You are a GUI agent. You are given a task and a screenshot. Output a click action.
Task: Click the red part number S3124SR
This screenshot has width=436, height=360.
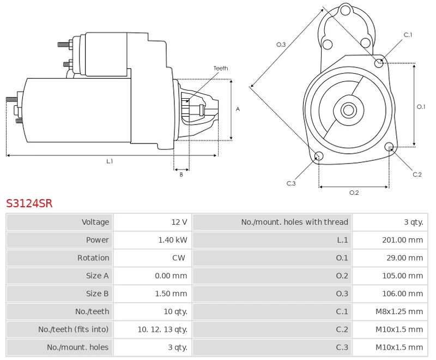click(x=29, y=203)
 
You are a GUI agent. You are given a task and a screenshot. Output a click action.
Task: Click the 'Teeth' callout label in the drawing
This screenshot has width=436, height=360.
click(x=221, y=68)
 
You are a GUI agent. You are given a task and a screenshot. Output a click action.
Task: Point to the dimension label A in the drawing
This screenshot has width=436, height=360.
click(x=238, y=109)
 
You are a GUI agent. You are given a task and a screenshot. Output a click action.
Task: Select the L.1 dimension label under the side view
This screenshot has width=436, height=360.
click(x=110, y=161)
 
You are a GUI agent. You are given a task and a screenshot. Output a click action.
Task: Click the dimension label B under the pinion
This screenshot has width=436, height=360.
click(x=181, y=175)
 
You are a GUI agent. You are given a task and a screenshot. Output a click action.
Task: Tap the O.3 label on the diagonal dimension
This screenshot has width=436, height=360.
click(x=281, y=45)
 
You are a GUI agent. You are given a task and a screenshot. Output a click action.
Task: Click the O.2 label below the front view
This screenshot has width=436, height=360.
click(x=354, y=193)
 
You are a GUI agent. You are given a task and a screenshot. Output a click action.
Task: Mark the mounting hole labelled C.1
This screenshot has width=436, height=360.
click(x=379, y=63)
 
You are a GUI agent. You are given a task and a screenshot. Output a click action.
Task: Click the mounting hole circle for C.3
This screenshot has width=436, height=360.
click(x=319, y=157)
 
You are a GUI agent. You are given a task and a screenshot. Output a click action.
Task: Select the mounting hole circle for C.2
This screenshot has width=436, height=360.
click(x=389, y=147)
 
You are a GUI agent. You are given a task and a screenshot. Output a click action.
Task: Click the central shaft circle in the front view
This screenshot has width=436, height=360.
click(x=348, y=110)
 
